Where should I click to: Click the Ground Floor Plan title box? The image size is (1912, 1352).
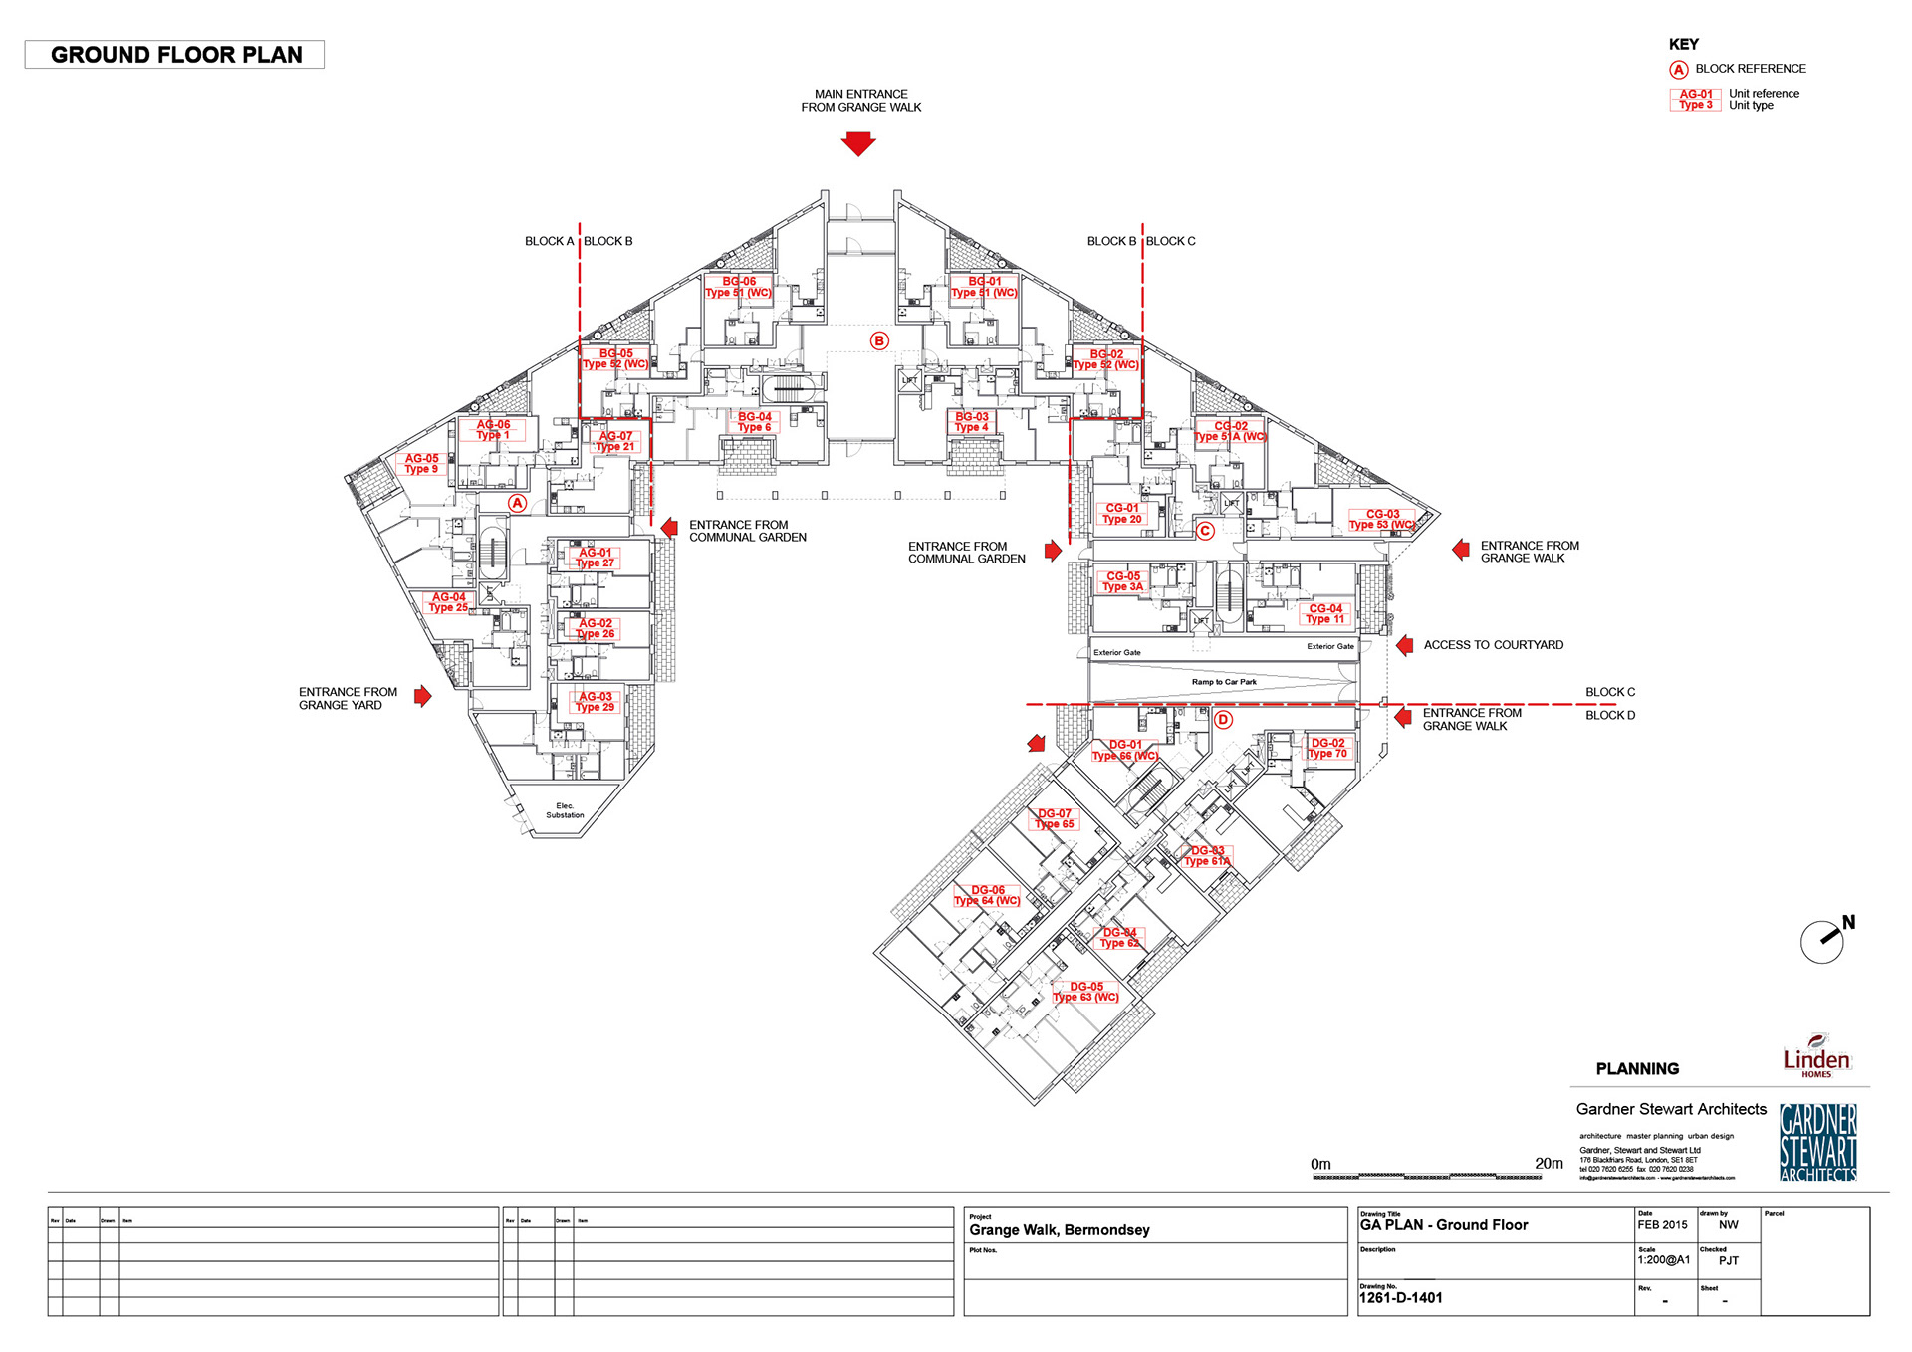coord(175,55)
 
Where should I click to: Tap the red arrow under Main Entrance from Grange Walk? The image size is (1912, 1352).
coord(858,144)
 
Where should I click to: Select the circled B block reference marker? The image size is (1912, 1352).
coord(879,340)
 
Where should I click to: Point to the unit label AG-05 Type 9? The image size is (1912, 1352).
coord(421,464)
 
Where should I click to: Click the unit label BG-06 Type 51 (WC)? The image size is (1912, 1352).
coord(739,287)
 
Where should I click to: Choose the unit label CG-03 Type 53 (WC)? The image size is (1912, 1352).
coord(1382,519)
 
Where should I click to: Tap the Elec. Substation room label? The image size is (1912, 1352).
coord(565,810)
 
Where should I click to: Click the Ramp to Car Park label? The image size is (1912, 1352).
coord(1224,682)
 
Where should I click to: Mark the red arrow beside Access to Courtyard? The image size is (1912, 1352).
coord(1405,645)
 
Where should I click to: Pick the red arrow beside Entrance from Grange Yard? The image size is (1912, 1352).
coord(423,696)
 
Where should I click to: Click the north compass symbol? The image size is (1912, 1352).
coord(1823,940)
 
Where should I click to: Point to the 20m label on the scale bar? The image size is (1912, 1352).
coord(1549,1163)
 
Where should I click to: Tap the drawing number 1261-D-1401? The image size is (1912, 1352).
coord(1401,1297)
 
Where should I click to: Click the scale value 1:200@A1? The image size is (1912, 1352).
coord(1664,1259)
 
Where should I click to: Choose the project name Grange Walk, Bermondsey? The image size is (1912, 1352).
coord(1060,1230)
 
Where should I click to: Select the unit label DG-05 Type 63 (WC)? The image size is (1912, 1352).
coord(1086,992)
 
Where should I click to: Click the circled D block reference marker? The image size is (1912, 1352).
coord(1224,719)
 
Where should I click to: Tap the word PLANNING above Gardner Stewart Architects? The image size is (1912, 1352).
coord(1637,1069)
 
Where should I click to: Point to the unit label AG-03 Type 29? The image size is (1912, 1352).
coord(596,702)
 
